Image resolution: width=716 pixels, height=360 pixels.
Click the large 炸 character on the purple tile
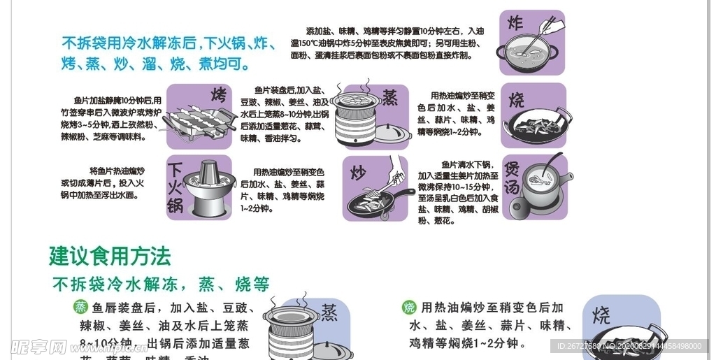pos(515,22)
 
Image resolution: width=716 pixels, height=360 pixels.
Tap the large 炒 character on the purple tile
pos(358,172)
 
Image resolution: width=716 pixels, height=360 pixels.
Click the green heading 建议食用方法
pos(110,256)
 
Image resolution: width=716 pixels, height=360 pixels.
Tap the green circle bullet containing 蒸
pos(81,307)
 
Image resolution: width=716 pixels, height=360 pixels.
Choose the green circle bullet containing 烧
pos(409,308)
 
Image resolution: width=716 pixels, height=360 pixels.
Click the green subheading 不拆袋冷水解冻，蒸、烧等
pos(161,284)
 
